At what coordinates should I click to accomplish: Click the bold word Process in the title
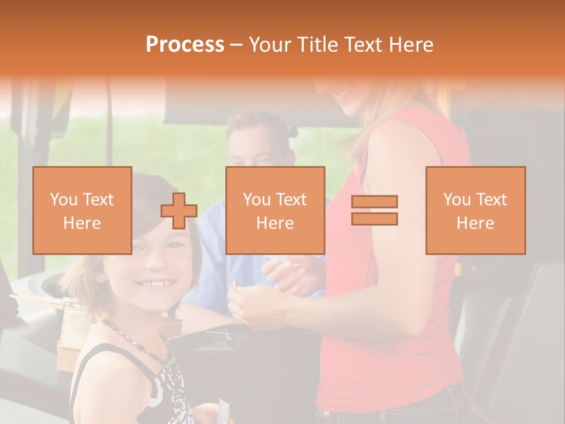(x=185, y=45)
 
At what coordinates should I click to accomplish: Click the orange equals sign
(x=374, y=210)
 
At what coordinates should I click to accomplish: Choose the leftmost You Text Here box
(x=82, y=210)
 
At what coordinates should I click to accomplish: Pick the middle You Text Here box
(x=275, y=210)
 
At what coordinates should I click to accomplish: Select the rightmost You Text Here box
(x=475, y=210)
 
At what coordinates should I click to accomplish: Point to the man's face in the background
(x=254, y=147)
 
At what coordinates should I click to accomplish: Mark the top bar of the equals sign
(x=374, y=202)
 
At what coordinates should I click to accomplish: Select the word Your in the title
(x=271, y=45)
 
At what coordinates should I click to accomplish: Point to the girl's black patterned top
(x=165, y=389)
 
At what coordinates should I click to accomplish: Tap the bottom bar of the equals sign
(x=374, y=219)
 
